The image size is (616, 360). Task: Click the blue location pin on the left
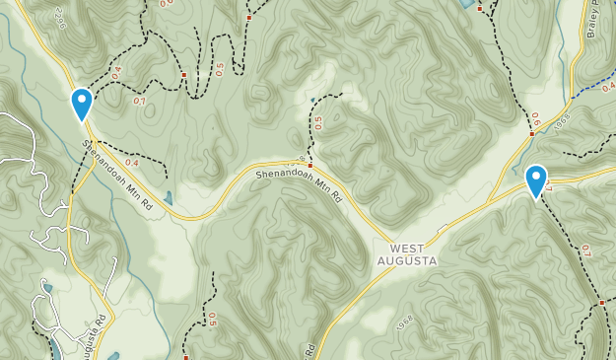(82, 103)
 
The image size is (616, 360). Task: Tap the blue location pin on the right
(536, 180)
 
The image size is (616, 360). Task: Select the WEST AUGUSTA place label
(405, 253)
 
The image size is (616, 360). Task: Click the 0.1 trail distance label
(139, 101)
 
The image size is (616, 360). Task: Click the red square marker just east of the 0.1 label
(183, 74)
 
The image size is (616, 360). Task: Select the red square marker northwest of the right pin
(531, 134)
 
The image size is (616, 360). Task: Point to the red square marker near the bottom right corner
(601, 302)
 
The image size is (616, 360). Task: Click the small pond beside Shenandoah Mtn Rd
(170, 198)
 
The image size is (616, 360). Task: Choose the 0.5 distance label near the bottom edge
(212, 318)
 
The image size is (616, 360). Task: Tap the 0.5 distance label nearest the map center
(317, 122)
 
